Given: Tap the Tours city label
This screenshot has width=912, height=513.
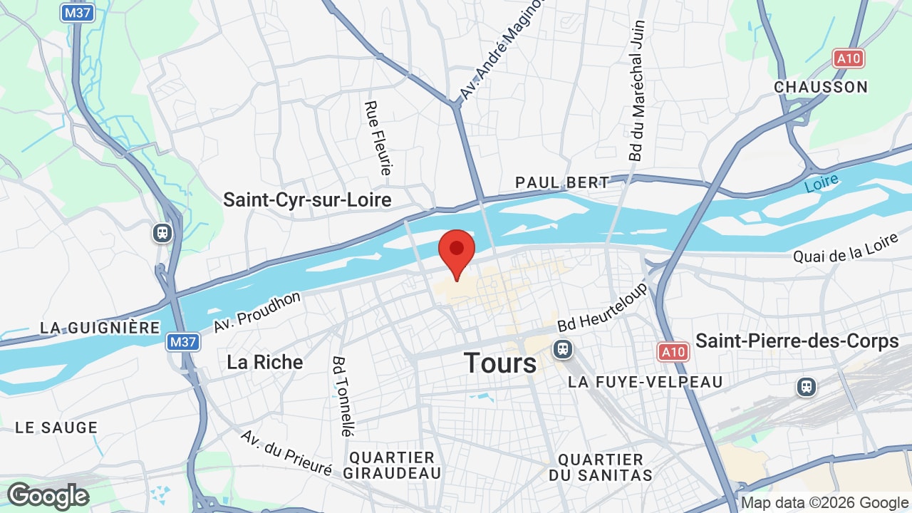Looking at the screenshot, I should point(500,363).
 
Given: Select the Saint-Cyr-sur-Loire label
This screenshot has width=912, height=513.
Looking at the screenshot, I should point(307,199).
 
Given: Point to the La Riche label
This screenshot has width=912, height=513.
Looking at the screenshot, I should point(264,362).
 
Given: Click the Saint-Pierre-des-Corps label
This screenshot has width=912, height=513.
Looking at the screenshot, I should point(797,341).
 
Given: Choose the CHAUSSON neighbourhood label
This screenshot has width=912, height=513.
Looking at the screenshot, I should point(821,87).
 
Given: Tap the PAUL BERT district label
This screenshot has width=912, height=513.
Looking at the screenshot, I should point(562,182).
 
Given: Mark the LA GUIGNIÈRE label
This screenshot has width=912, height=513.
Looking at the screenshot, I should point(100,328).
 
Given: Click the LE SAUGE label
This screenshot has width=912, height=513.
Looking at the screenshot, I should point(56,427).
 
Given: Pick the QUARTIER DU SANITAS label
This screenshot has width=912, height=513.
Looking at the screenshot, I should point(601,467).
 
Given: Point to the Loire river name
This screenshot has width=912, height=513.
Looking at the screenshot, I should point(822,183).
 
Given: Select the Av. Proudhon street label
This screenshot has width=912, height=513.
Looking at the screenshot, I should point(257,312).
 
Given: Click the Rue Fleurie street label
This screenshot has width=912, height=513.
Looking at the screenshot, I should point(378,138).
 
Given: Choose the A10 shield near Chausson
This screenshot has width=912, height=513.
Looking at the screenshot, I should point(848,58).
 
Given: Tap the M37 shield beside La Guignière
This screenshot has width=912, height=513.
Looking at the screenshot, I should point(183,342).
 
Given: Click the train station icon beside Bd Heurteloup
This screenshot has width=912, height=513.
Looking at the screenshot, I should point(563,349).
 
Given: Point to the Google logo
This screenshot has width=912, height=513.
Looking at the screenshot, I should point(48,496).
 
